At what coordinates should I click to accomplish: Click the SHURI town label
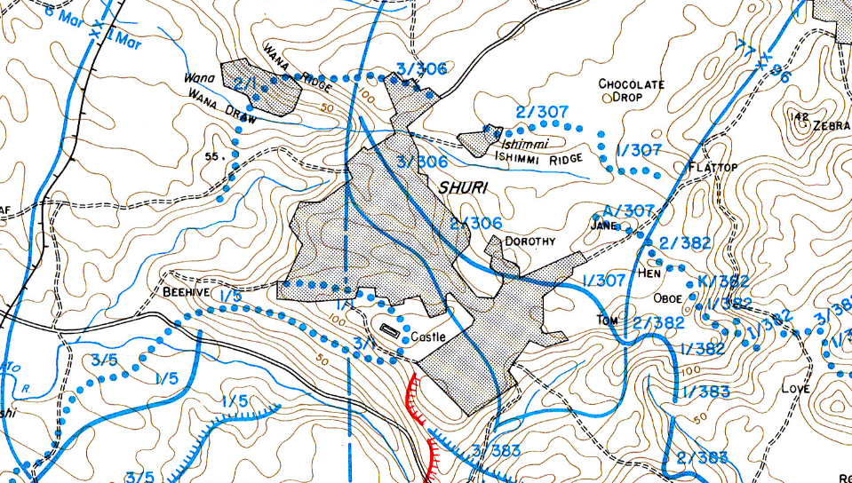tap(462, 186)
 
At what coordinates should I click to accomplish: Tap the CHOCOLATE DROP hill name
tap(632, 91)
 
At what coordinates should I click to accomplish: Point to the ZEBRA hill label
tap(831, 126)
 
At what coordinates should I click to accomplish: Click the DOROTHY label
tap(530, 241)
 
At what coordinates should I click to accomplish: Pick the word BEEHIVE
tap(185, 290)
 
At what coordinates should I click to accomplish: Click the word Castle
tap(427, 338)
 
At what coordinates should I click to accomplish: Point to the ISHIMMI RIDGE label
tap(538, 158)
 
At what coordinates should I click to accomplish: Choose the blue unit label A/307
tap(628, 210)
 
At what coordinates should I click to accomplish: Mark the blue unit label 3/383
tap(496, 451)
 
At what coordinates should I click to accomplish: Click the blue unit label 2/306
tap(476, 223)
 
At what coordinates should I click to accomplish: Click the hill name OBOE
tap(667, 298)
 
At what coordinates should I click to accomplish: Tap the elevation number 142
tap(798, 116)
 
